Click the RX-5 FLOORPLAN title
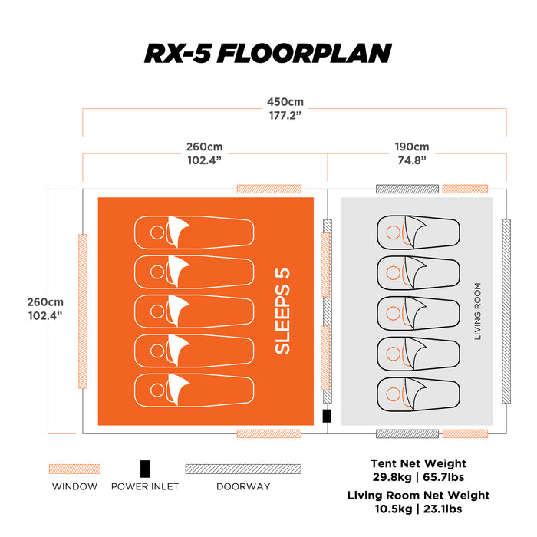coord(268,54)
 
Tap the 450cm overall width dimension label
coord(285,102)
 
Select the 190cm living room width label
coord(412,147)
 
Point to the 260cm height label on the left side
coord(45,302)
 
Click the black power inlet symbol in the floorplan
coord(327,416)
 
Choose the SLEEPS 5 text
coord(282,311)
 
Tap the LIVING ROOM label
coord(478,311)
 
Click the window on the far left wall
coord(83,311)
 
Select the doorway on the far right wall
coord(506,311)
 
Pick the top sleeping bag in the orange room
coord(194,232)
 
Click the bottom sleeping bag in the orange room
coord(194,390)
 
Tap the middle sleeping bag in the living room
coord(419,313)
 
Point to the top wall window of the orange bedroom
coord(269,189)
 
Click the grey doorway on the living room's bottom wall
coord(407,433)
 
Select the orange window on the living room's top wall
coord(465,189)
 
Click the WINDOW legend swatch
coord(74,469)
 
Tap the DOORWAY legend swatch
coord(243,469)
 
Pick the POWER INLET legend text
coord(145,486)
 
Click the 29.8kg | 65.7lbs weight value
coord(418,477)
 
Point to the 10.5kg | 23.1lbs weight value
coord(418,509)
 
